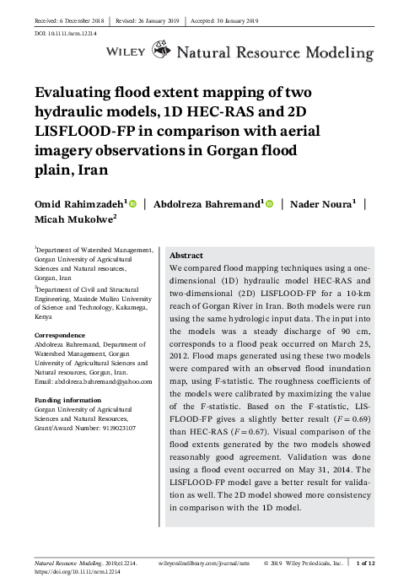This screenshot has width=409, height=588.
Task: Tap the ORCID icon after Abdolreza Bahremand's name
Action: pos(268,203)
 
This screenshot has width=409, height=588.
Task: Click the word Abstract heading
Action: pos(186,254)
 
